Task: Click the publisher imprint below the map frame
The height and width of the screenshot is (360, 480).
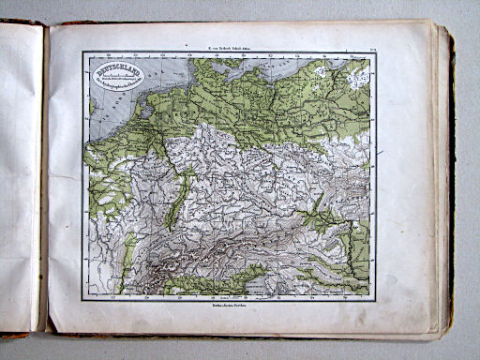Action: pyautogui.click(x=229, y=306)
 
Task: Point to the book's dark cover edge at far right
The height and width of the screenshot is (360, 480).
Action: pyautogui.click(x=454, y=187)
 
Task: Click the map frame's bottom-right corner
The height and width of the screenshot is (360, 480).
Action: pyautogui.click(x=375, y=299)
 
